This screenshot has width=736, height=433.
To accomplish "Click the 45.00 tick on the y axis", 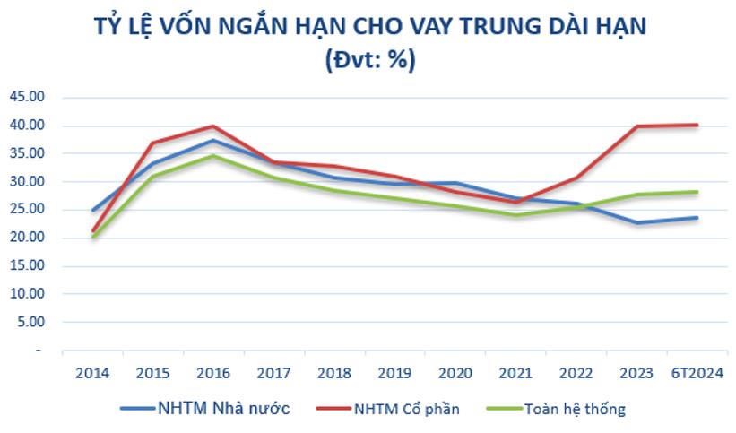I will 26,97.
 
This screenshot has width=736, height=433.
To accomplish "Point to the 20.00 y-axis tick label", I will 26,238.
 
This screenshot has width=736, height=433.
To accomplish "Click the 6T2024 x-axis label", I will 697,374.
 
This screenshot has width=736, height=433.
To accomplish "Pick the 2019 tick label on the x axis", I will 394,374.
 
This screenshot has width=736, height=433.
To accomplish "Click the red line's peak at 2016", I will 212,126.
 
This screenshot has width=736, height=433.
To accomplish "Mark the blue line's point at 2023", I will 637,222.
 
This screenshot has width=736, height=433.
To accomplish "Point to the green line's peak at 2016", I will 212,156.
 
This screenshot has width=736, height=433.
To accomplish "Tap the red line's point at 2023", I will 637,126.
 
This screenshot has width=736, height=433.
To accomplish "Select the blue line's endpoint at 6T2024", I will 697,218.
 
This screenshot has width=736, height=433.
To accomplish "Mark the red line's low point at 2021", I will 516,203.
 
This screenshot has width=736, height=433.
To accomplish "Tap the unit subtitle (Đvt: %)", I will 368,60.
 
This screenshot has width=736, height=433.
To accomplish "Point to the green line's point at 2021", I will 516,215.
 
